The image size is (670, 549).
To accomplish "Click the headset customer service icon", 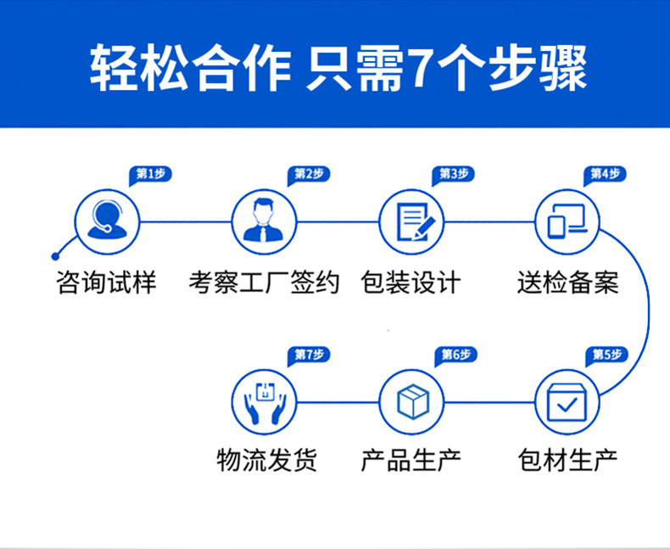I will click(108, 221).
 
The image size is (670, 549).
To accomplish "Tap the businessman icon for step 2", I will click(264, 221).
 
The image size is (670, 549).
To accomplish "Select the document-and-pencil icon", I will click(410, 221).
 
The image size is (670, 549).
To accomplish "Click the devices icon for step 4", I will click(567, 221).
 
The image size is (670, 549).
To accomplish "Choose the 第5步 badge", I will click(607, 355).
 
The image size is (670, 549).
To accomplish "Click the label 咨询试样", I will click(107, 282).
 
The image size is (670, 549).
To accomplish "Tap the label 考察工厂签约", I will click(264, 282).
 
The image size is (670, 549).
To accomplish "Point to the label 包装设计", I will click(410, 282).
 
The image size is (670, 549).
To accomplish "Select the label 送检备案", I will click(567, 282).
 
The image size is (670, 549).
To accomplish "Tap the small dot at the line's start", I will click(56, 255).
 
